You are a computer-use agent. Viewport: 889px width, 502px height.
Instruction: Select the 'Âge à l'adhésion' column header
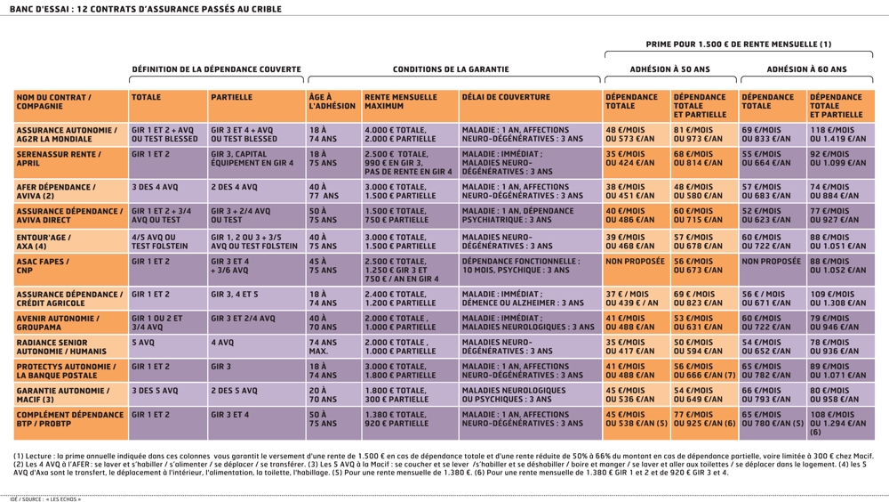(332, 102)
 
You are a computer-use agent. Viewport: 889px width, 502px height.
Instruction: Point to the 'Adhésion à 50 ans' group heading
(670, 69)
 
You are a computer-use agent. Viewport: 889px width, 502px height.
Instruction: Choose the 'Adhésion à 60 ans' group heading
(806, 69)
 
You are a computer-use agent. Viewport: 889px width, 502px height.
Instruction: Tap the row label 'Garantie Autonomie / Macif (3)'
(62, 394)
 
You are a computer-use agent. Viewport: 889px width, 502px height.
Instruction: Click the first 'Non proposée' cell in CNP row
(635, 262)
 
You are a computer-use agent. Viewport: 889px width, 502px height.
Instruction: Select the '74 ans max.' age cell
(325, 346)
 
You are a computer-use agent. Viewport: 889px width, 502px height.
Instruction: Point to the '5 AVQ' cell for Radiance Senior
(142, 341)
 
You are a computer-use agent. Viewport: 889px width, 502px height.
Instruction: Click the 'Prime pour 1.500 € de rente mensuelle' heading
(738, 44)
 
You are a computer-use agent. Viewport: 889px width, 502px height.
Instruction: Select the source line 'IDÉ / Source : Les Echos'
(45, 498)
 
